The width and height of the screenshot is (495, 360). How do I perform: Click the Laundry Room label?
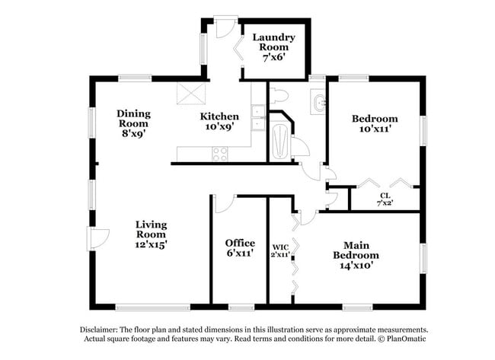pos(273,42)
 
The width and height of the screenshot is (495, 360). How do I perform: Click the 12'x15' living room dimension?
pos(151,244)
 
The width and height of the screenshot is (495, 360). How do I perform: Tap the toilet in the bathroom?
pos(278,96)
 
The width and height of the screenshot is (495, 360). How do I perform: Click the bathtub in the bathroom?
pos(281,141)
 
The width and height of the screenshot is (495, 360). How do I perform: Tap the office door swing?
pos(224,203)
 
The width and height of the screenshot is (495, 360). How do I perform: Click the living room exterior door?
pos(97,239)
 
